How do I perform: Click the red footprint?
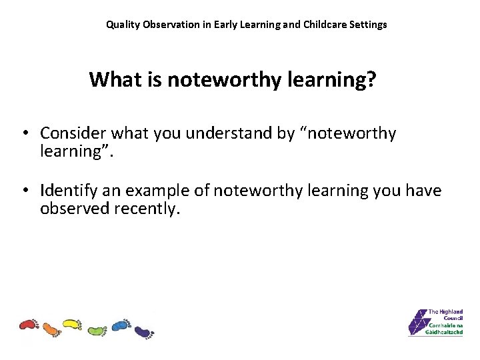tap(29, 325)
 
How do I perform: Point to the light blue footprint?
tap(120, 325)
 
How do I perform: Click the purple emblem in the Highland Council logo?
tap(419, 322)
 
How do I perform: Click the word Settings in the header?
tap(368, 25)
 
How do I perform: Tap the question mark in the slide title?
tap(371, 79)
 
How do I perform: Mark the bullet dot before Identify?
tap(24, 191)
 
